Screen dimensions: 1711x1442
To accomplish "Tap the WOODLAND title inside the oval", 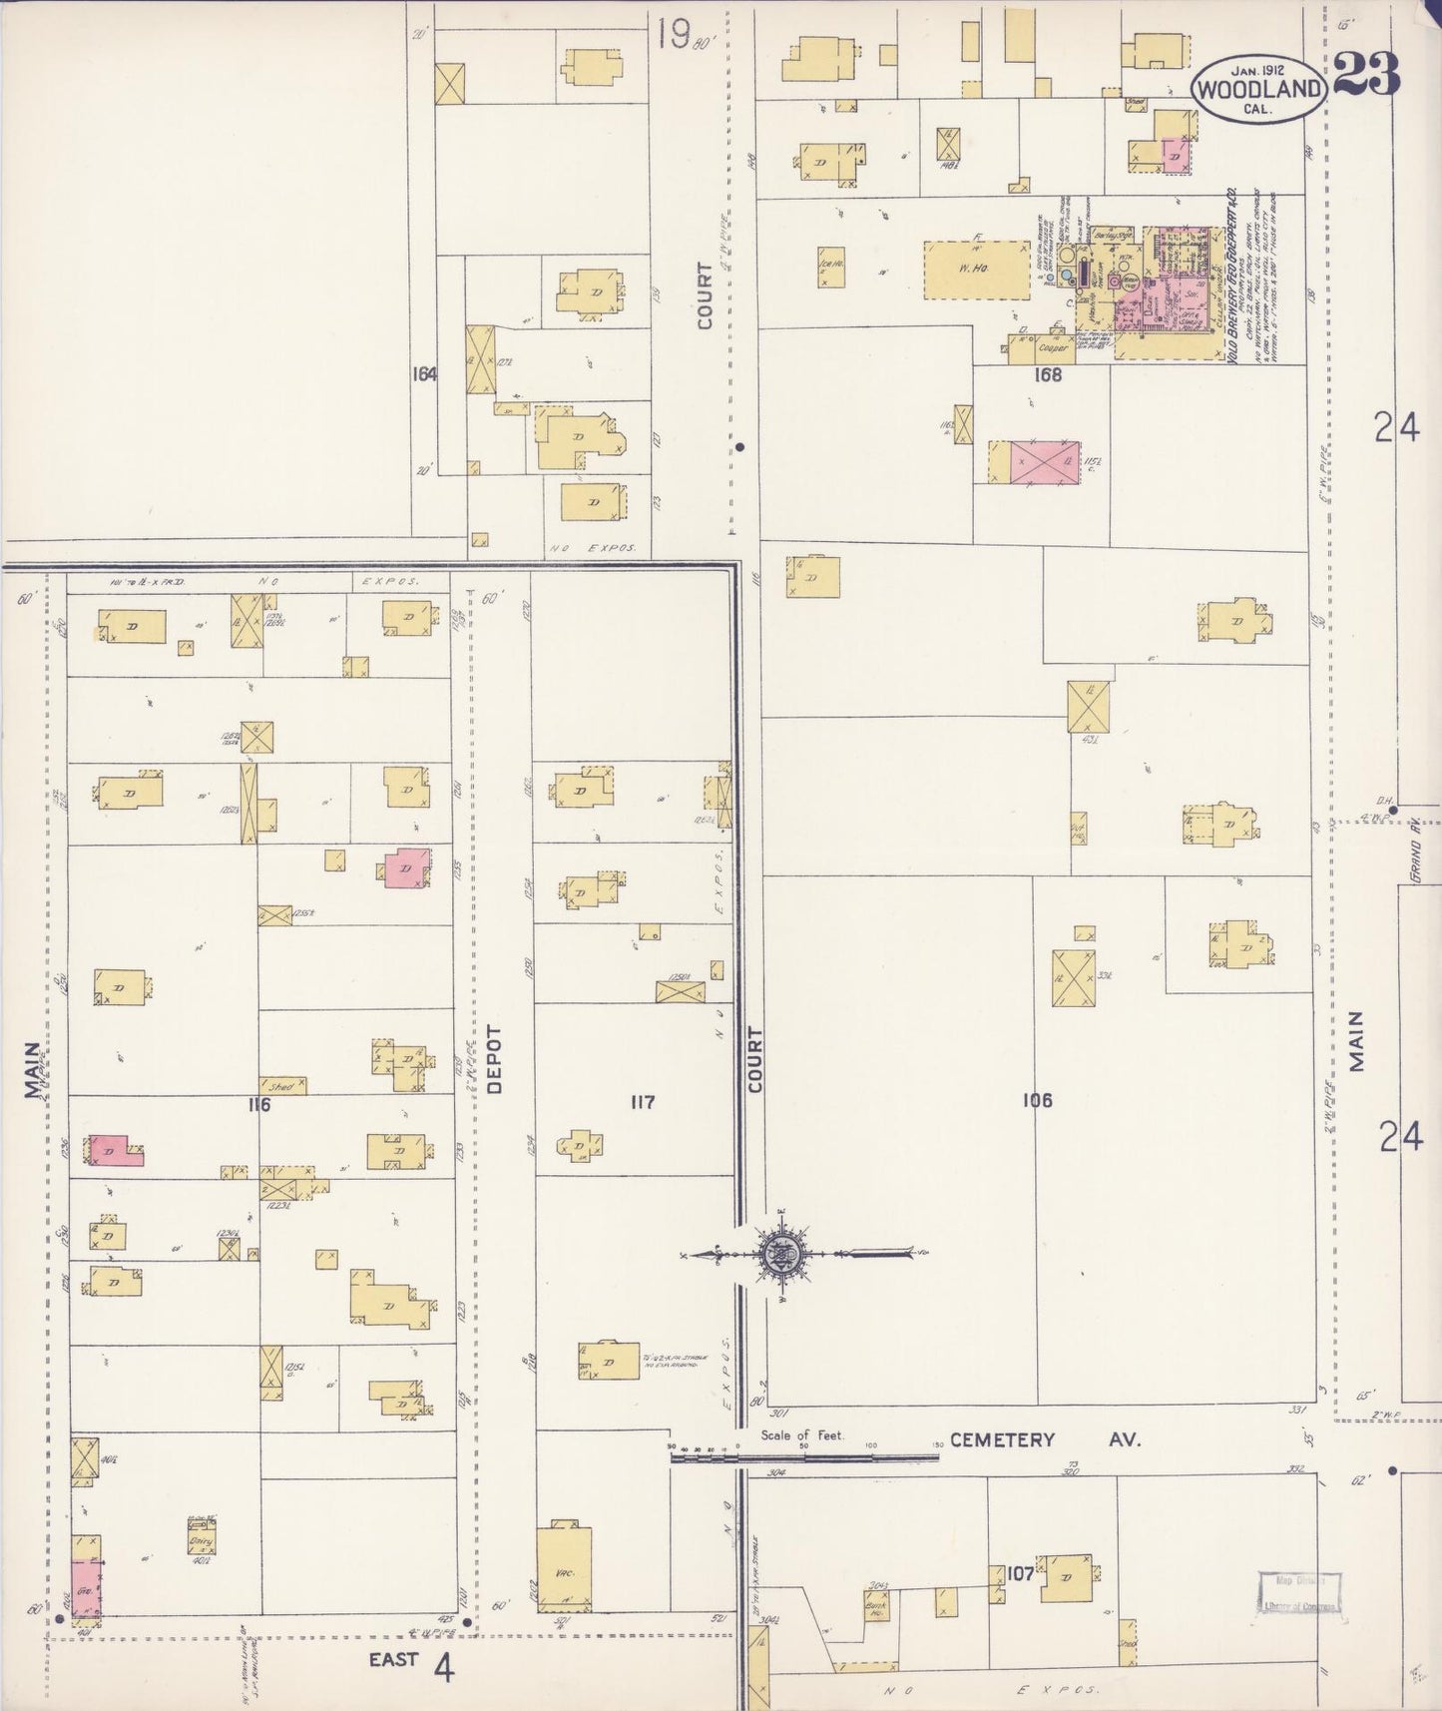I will point(1259,88).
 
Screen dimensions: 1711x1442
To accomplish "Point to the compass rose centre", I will point(777,1255).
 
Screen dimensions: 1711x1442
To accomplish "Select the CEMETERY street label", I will point(1002,1439).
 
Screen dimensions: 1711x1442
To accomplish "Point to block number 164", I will point(424,374).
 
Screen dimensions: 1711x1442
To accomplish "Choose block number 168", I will point(1048,375).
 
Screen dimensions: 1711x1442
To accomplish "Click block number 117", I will point(642,1102).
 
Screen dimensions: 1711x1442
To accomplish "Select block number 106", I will point(1037,1100).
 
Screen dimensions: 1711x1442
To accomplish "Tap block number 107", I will point(1020,1574).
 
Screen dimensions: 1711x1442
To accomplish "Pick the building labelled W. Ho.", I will point(976,269).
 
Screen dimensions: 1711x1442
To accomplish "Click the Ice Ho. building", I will point(830,266).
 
